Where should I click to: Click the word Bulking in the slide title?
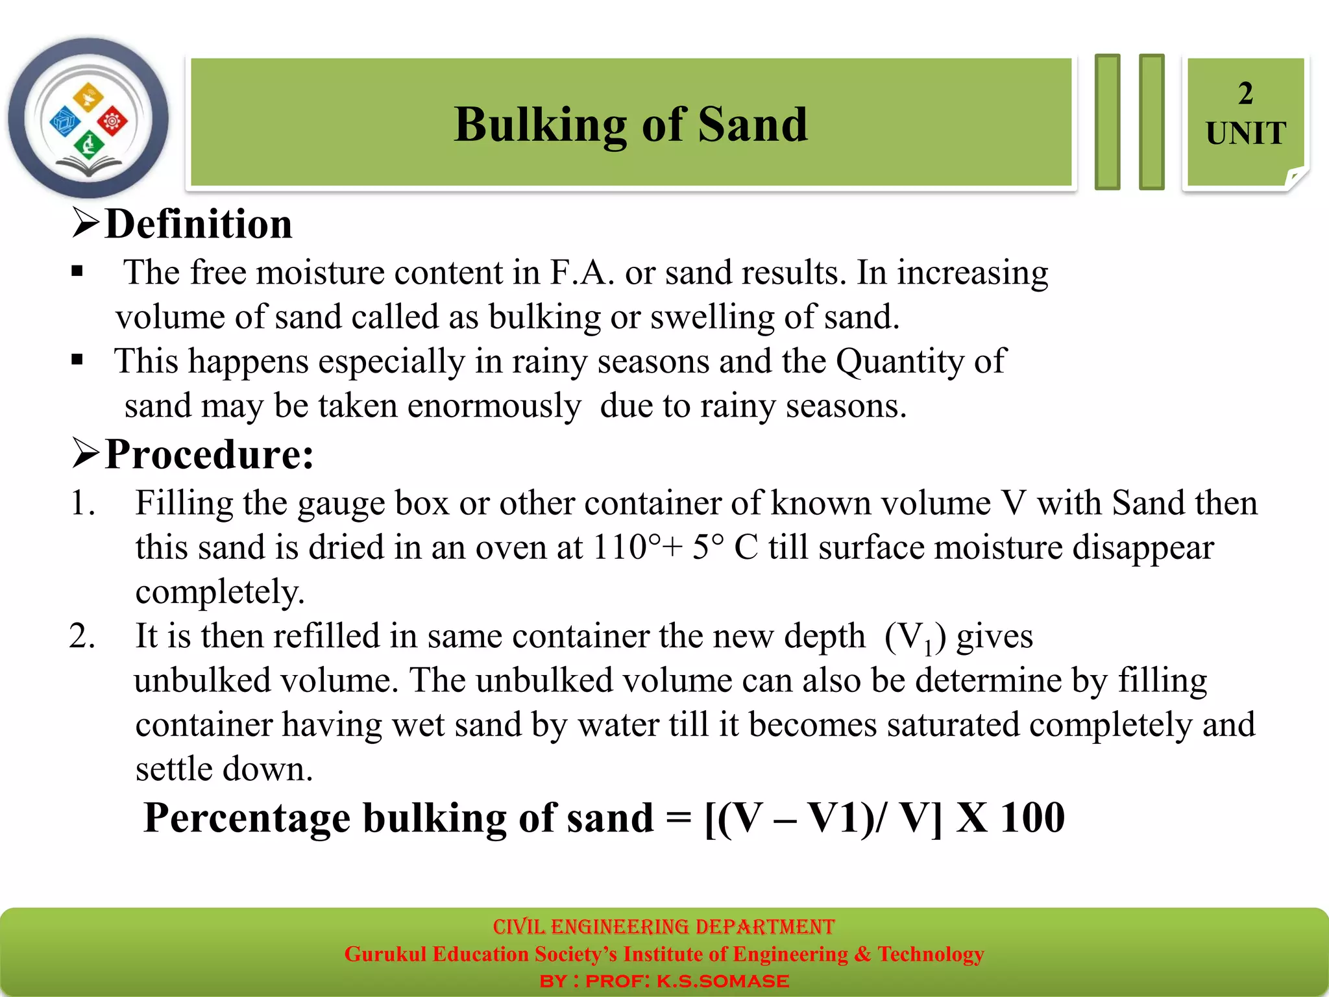pyautogui.click(x=540, y=125)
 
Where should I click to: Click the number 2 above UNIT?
pyautogui.click(x=1245, y=94)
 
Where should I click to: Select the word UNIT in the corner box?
pyautogui.click(x=1246, y=134)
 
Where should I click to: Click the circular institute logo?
pyautogui.click(x=88, y=119)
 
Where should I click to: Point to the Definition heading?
pyautogui.click(x=198, y=225)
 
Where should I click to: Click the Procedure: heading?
pyautogui.click(x=209, y=454)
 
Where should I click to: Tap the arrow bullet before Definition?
pyautogui.click(x=86, y=223)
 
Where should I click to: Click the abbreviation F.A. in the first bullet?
pyautogui.click(x=582, y=273)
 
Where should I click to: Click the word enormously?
pyautogui.click(x=494, y=406)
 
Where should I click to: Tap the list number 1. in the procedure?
pyautogui.click(x=82, y=504)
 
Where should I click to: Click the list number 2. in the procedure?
pyautogui.click(x=82, y=636)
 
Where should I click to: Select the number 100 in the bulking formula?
pyautogui.click(x=1032, y=817)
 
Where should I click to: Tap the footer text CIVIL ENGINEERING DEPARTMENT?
pyautogui.click(x=663, y=926)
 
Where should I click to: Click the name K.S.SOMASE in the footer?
pyautogui.click(x=723, y=981)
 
